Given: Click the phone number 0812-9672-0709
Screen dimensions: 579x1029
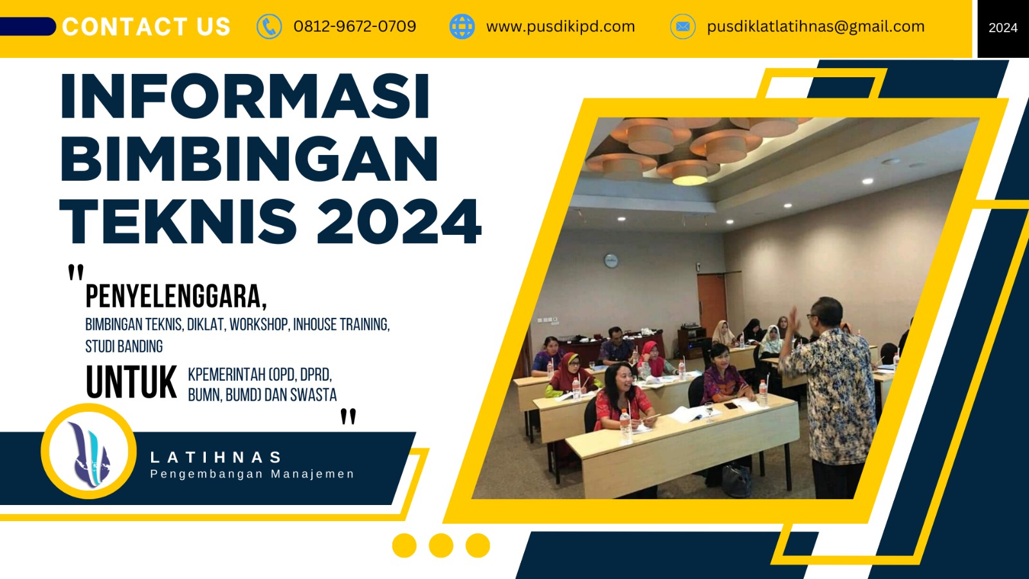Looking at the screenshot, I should [354, 26].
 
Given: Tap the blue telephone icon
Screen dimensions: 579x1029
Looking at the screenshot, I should [269, 27].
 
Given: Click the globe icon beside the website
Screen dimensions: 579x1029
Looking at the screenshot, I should [462, 27].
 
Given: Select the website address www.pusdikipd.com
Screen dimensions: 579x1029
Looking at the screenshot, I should [560, 26].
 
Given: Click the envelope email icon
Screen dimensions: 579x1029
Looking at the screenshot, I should [682, 27].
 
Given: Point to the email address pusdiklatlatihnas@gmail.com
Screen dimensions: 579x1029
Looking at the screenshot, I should [815, 26].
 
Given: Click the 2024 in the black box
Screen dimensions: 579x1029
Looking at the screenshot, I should [1003, 28].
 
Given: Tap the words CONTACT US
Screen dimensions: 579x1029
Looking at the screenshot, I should [147, 27].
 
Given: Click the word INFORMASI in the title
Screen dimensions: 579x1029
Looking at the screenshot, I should [245, 96].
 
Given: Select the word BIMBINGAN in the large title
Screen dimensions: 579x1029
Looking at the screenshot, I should [250, 159].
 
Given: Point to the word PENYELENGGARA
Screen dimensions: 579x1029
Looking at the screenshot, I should [176, 297].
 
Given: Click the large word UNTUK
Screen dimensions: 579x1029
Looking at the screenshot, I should [131, 383].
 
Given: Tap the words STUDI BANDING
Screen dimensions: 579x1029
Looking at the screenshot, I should [124, 346].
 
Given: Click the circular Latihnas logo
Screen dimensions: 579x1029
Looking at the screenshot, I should [89, 452].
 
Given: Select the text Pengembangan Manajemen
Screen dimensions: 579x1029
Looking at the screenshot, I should [252, 474].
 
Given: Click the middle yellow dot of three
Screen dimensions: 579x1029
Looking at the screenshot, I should [441, 546].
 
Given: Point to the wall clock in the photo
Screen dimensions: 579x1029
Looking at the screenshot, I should [611, 261].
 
